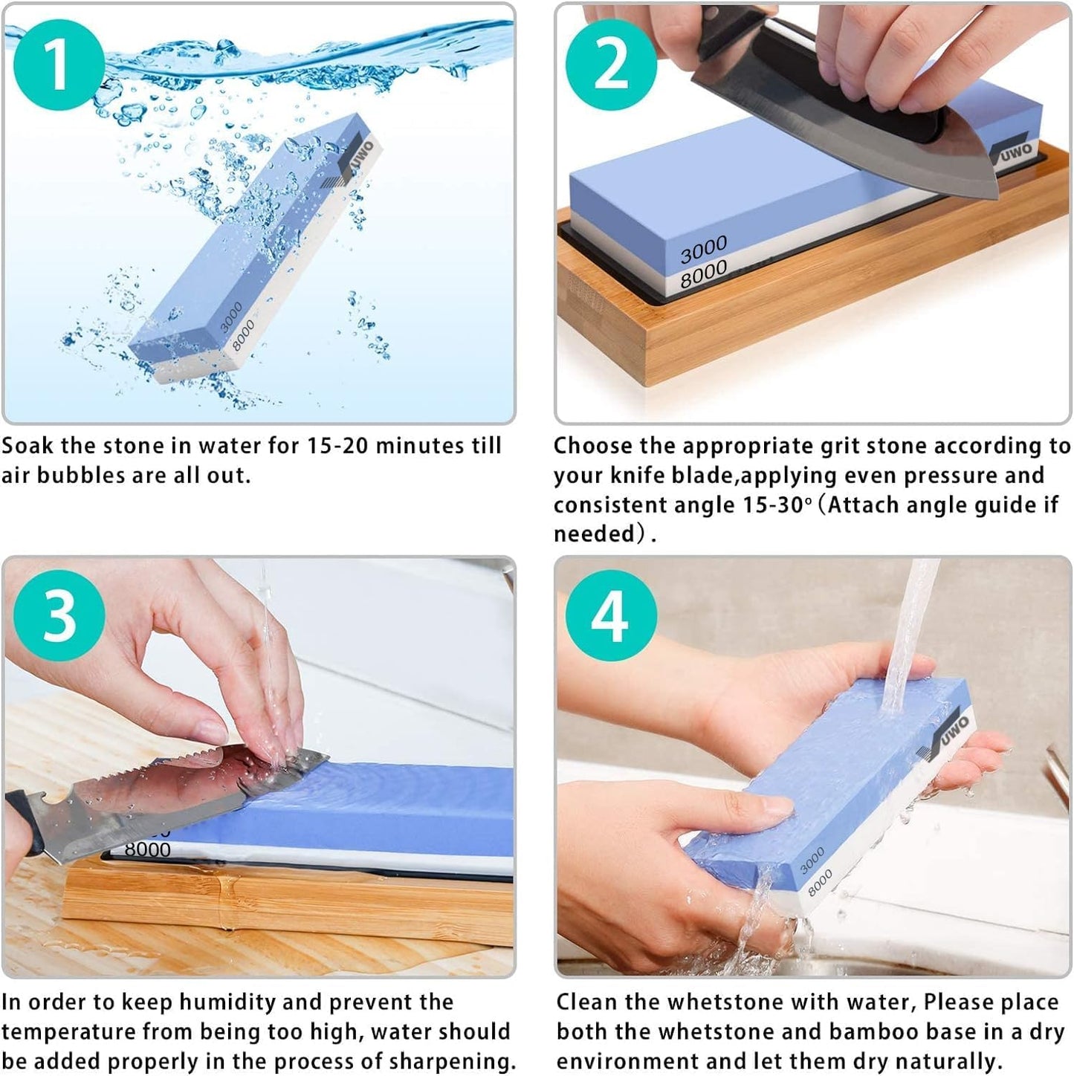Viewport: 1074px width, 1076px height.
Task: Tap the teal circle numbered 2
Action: click(611, 65)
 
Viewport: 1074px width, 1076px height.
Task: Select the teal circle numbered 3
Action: click(59, 616)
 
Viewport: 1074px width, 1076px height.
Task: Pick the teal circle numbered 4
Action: click(611, 616)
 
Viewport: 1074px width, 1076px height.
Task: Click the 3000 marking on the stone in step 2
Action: click(703, 250)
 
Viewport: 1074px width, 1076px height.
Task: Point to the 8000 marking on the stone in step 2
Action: click(703, 274)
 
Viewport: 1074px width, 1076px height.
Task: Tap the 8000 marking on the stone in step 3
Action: click(147, 849)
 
